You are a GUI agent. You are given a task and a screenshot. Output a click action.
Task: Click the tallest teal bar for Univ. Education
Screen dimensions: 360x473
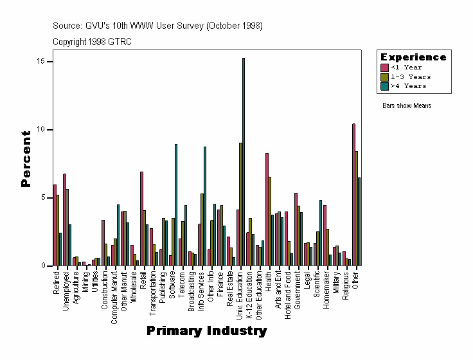(244, 161)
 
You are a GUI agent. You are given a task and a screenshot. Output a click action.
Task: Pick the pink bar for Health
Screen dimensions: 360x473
(267, 209)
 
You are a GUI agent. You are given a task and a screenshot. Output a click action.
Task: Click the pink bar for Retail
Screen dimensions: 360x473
(141, 219)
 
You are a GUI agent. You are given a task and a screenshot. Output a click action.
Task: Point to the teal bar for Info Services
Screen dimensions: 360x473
(205, 206)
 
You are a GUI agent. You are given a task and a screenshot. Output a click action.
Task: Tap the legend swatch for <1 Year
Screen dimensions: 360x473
(385, 67)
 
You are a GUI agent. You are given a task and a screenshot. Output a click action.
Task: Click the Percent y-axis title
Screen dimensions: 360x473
(26, 159)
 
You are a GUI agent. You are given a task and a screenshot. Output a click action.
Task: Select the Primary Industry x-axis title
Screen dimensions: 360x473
(206, 331)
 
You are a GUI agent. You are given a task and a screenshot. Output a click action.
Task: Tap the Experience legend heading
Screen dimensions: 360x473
(413, 57)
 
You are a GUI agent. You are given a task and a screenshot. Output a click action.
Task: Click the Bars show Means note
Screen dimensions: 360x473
(407, 105)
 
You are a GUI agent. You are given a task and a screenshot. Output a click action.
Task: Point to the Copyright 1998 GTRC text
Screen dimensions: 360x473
(92, 41)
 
